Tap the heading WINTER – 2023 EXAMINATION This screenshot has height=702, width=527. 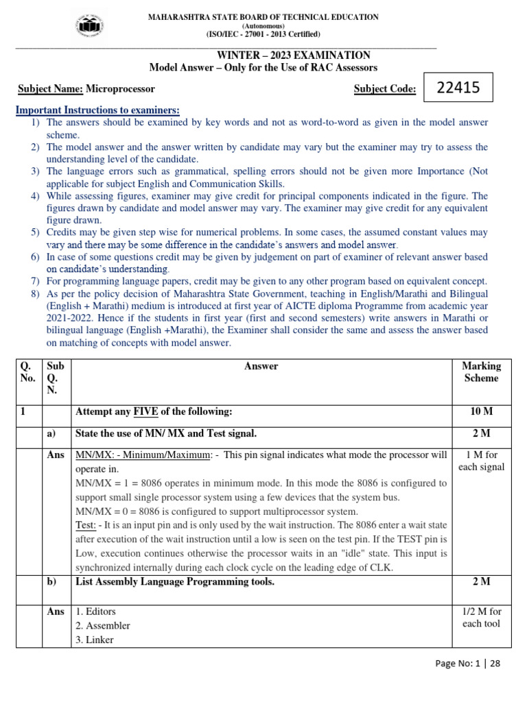(x=293, y=56)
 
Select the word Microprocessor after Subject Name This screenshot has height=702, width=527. (x=120, y=89)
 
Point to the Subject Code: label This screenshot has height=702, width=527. (x=385, y=89)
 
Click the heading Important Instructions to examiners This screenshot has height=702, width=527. (x=97, y=110)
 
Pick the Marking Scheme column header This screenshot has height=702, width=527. (x=482, y=372)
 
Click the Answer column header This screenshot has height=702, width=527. (x=261, y=366)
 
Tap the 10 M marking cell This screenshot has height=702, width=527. (x=482, y=412)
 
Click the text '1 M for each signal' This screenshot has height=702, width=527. (x=482, y=461)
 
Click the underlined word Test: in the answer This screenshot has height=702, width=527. (x=85, y=526)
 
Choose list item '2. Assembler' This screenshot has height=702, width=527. (x=102, y=626)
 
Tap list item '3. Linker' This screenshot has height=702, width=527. (x=95, y=640)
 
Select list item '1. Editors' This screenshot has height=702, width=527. (x=95, y=612)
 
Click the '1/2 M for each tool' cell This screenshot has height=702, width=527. (x=482, y=618)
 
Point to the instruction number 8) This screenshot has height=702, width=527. (x=36, y=294)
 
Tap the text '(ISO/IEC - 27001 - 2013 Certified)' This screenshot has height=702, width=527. (x=263, y=34)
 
